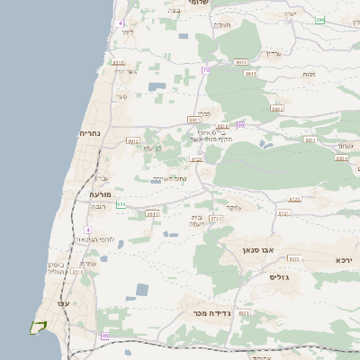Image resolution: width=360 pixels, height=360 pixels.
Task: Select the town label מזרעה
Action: pyautogui.click(x=99, y=193)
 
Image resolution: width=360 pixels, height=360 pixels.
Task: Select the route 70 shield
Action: pyautogui.click(x=205, y=69)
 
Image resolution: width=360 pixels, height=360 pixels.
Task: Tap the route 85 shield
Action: pyautogui.click(x=104, y=336)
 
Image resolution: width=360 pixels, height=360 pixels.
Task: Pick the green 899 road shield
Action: pyautogui.click(x=319, y=19)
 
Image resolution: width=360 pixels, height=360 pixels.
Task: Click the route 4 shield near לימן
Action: pyautogui.click(x=121, y=22)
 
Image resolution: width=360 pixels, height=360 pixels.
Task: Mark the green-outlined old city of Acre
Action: pyautogui.click(x=38, y=327)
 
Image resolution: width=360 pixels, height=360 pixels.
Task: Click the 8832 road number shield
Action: pyautogui.click(x=276, y=108)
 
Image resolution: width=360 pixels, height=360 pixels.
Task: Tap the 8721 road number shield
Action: pyautogui.click(x=283, y=213)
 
